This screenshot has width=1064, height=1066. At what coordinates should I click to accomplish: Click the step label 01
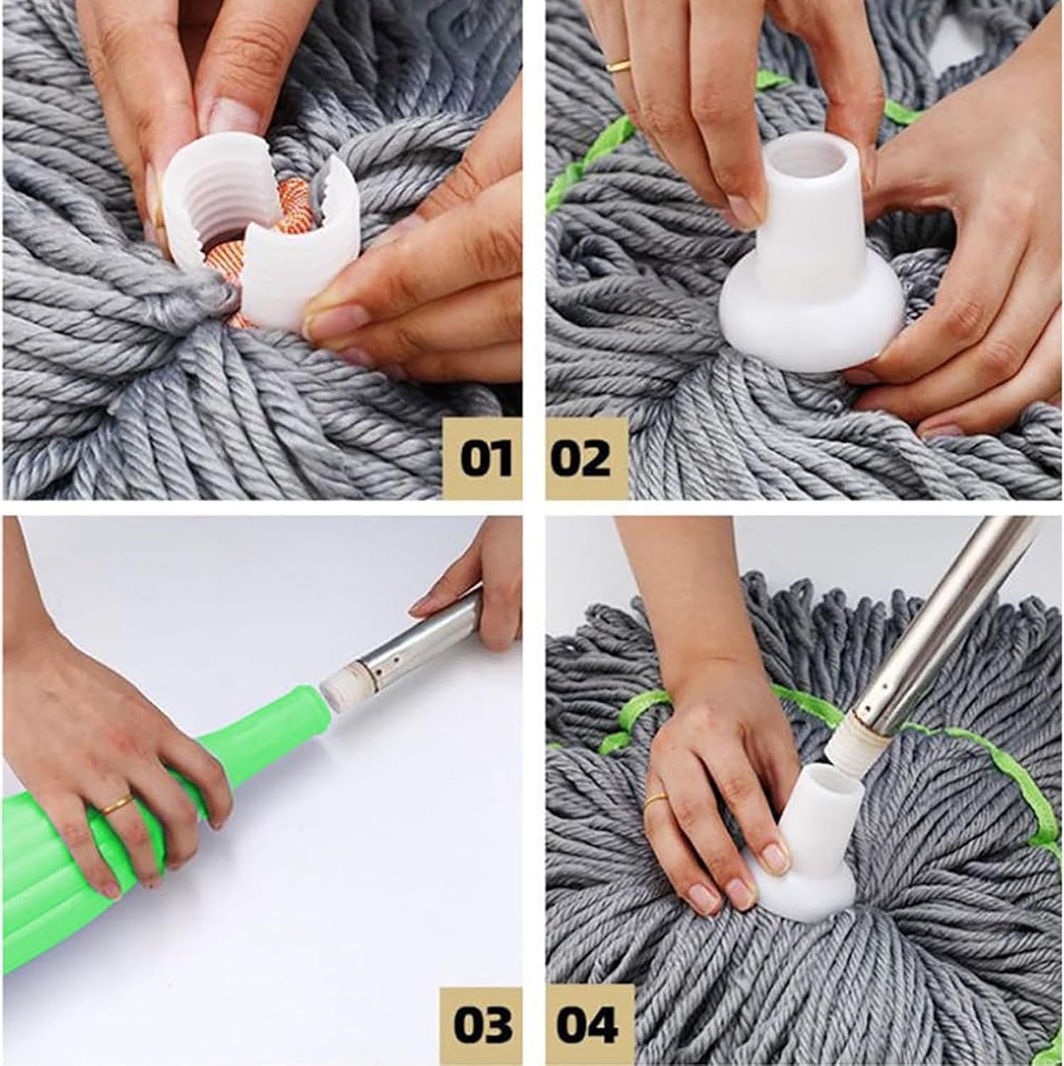(x=486, y=458)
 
